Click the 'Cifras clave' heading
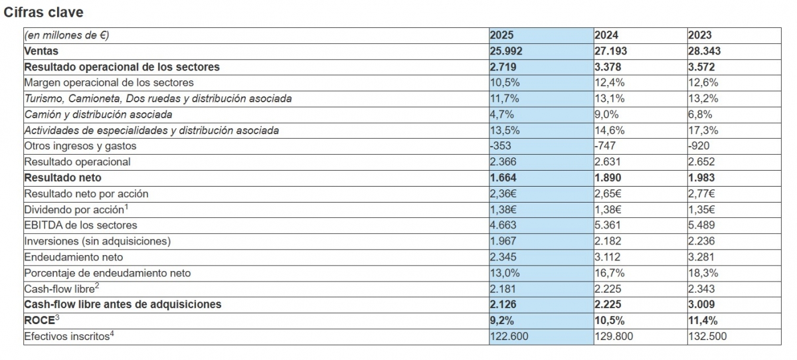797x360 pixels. (44, 13)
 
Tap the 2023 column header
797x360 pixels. (699, 35)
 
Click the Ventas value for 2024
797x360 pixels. (610, 51)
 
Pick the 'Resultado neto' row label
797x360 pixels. (62, 178)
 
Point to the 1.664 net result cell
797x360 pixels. (503, 178)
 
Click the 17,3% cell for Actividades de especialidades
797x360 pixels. (703, 130)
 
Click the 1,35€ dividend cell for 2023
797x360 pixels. (702, 209)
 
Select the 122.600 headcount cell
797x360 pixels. (509, 336)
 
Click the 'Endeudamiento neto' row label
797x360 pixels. (73, 257)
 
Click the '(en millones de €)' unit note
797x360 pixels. (66, 35)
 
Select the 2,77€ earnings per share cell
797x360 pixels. (702, 194)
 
